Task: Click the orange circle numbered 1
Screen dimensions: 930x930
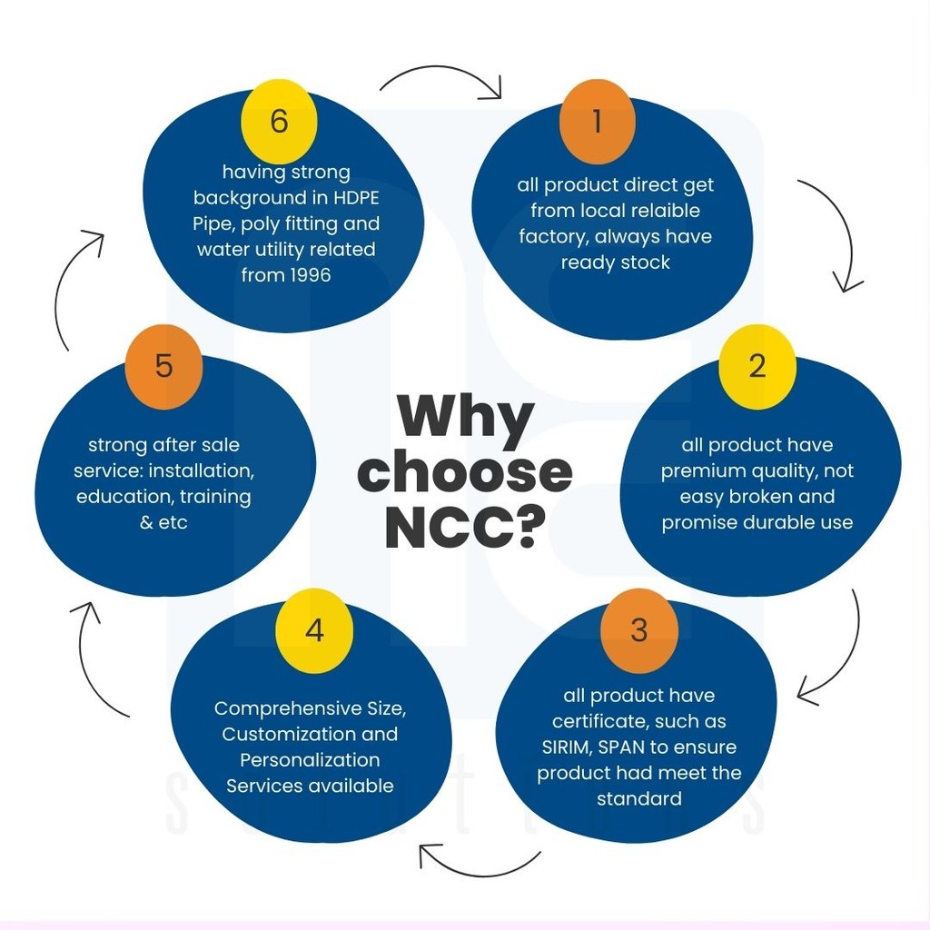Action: [597, 121]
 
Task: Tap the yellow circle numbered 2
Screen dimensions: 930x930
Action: [757, 366]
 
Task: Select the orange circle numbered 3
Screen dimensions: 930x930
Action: [639, 630]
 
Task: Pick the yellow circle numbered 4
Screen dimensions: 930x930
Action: [314, 630]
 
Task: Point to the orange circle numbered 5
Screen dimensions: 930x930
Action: [163, 366]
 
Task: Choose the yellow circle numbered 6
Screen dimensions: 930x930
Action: [279, 121]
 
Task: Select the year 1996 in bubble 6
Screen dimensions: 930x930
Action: [304, 274]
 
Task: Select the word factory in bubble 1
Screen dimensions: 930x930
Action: [551, 236]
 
